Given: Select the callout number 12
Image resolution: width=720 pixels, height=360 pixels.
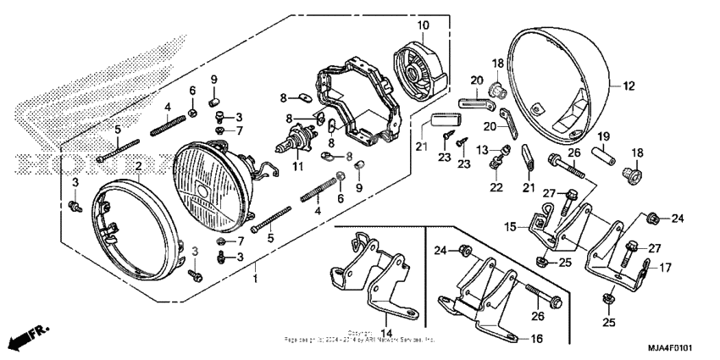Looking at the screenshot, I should [x=628, y=86].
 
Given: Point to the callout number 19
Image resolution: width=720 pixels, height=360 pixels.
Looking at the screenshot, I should [x=604, y=136].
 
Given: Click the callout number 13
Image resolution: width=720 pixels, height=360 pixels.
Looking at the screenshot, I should [x=482, y=151].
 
